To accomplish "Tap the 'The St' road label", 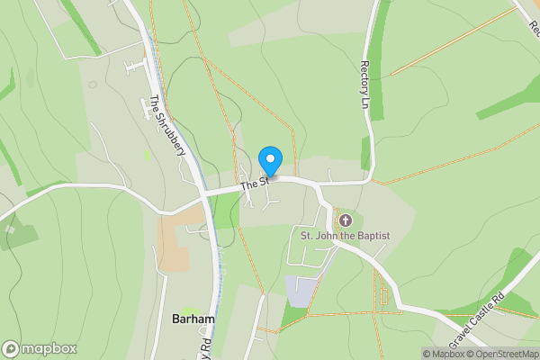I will (x=255, y=184).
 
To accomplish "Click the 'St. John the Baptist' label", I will (x=345, y=236).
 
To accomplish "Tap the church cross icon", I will (x=345, y=220).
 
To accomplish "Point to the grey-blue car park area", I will (x=301, y=291).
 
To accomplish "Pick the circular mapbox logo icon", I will (x=11, y=349).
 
